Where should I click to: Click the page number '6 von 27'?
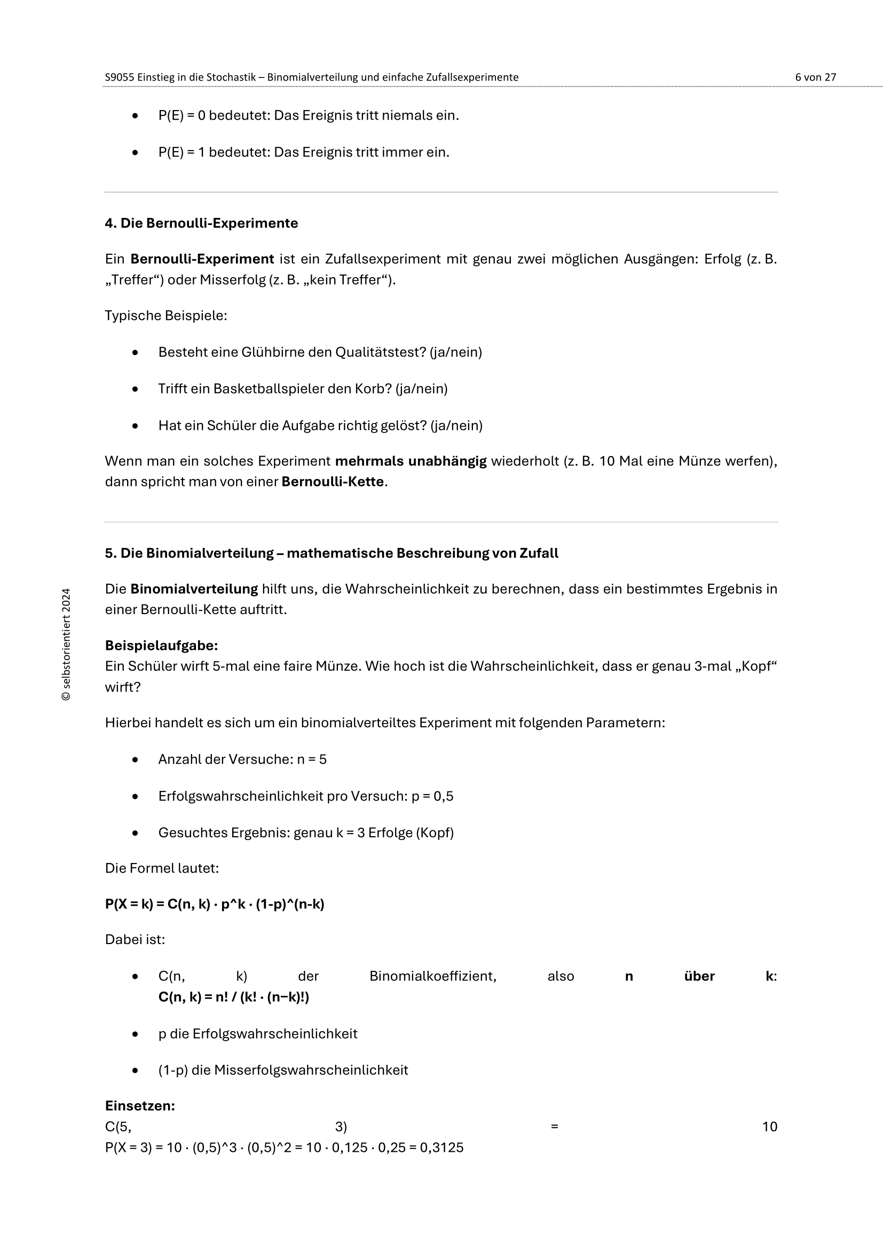[x=815, y=77]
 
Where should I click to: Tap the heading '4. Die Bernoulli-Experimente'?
[x=201, y=223]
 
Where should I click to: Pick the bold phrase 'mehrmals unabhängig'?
[x=411, y=461]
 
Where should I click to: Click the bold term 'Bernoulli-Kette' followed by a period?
[x=332, y=482]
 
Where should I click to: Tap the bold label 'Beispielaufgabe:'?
[x=161, y=646]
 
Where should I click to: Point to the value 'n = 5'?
[x=312, y=759]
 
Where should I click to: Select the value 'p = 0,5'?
[x=432, y=796]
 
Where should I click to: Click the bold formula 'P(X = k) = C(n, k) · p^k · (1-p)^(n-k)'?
[x=215, y=904]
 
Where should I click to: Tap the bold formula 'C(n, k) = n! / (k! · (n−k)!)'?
[x=234, y=997]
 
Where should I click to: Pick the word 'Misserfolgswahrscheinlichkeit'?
[x=311, y=1070]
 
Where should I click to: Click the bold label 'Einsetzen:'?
[x=140, y=1106]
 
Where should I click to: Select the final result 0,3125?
[x=441, y=1148]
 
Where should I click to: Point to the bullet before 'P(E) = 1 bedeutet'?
[x=136, y=153]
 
